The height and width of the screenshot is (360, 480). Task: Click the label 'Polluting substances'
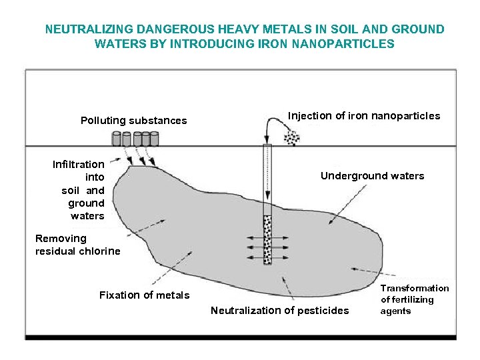point(133,121)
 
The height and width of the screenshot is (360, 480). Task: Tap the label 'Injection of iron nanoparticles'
point(363,116)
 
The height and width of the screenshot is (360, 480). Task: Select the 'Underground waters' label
point(372,176)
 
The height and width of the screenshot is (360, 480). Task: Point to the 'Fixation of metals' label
point(144,295)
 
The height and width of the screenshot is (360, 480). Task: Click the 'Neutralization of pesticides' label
point(279,310)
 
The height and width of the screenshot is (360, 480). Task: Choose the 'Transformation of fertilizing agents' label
point(415,299)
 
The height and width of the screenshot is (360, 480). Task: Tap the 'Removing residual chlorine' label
point(77,245)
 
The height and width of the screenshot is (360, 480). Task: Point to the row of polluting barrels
point(135,139)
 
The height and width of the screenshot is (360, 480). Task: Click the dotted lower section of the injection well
point(267,239)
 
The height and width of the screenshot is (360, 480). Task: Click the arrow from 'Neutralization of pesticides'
point(288,287)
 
